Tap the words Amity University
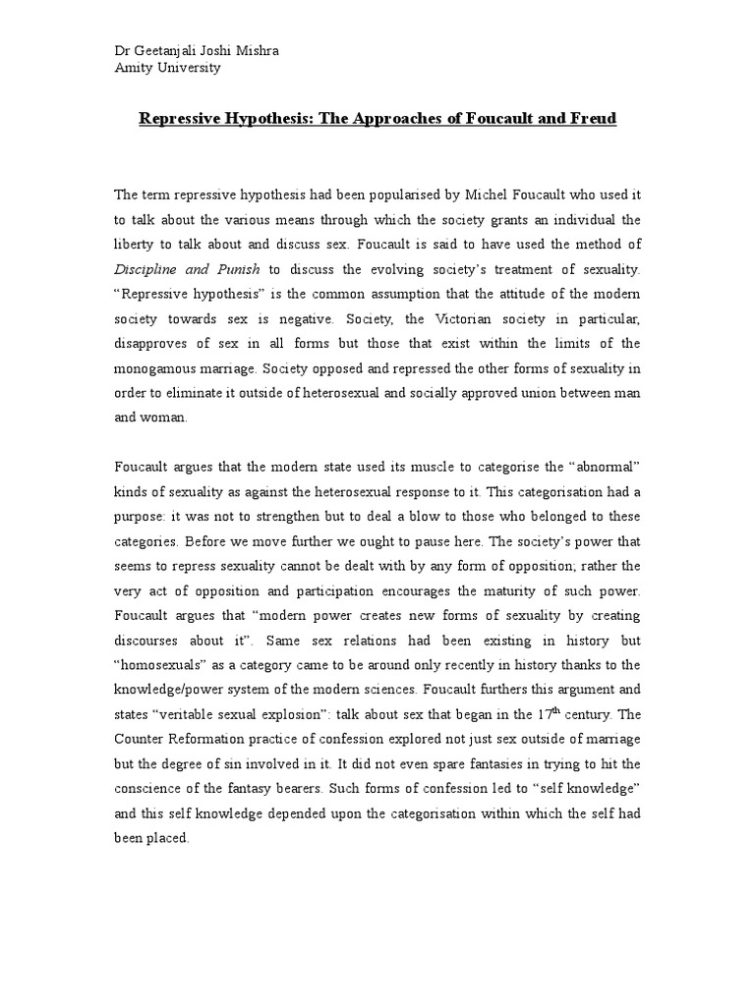click(167, 68)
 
